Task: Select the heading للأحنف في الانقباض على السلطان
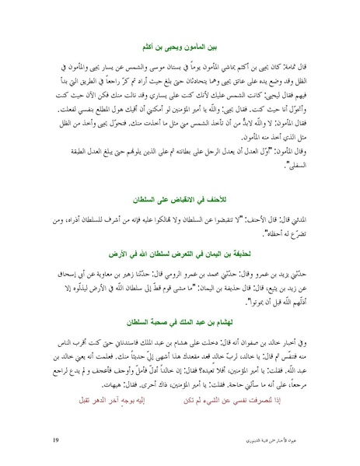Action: [180, 178]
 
